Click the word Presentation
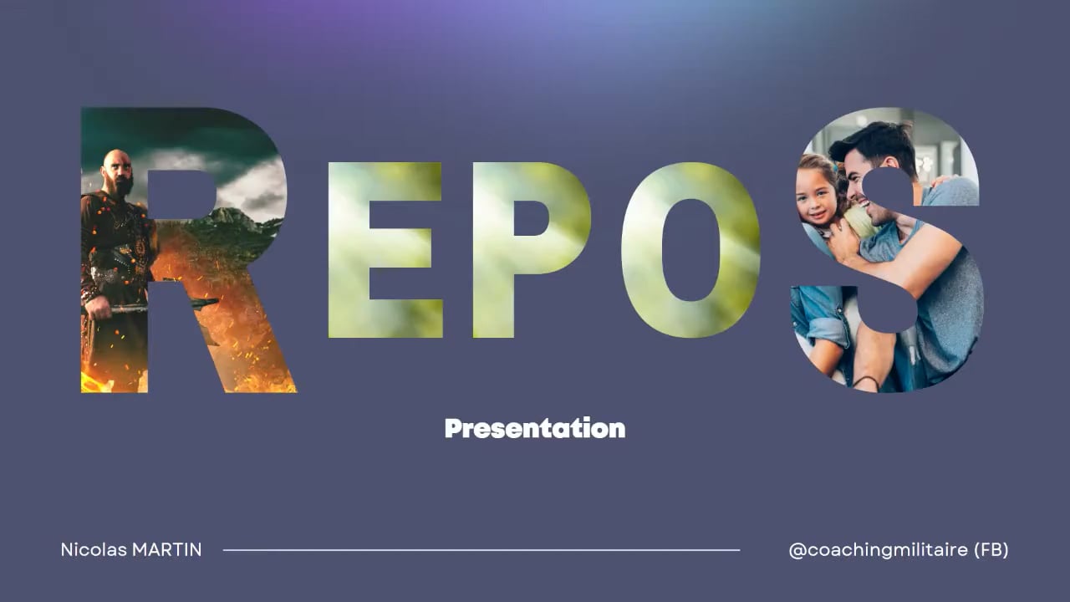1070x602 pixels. pyautogui.click(x=535, y=428)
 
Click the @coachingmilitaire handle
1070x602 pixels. pyautogui.click(x=878, y=550)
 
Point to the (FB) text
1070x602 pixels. pyautogui.click(x=991, y=550)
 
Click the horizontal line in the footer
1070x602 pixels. pyautogui.click(x=481, y=550)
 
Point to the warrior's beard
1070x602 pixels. pyautogui.click(x=122, y=186)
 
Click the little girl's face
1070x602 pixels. pyautogui.click(x=816, y=195)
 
